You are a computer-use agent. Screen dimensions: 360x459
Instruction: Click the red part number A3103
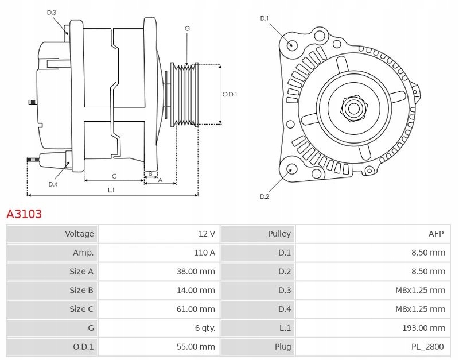point(24,214)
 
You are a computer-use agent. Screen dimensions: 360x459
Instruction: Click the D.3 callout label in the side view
point(52,13)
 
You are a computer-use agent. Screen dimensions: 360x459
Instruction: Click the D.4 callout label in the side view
point(53,184)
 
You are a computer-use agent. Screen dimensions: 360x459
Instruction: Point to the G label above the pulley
point(187,28)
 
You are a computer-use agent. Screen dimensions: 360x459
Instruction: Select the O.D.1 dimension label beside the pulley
point(230,94)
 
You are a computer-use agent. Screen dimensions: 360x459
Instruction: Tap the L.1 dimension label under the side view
point(111,190)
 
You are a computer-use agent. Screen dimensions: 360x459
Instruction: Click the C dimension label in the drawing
point(114,176)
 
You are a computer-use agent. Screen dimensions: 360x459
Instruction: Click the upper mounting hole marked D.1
point(291,45)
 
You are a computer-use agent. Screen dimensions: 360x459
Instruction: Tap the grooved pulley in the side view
point(186,94)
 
